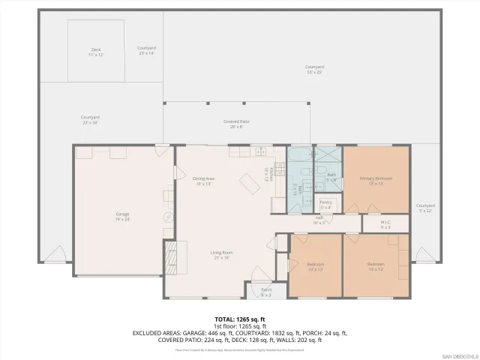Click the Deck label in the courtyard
pyautogui.click(x=96, y=52)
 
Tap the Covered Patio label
pyautogui.click(x=237, y=124)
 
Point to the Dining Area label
pyautogui.click(x=203, y=180)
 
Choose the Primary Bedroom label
pyautogui.click(x=376, y=180)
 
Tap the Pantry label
pyautogui.click(x=326, y=204)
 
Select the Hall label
pyautogui.click(x=319, y=220)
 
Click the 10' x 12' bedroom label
pyautogui.click(x=315, y=266)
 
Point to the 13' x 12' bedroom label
pyautogui.click(x=376, y=266)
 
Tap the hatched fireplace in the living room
pyautogui.click(x=170, y=257)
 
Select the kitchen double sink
pyautogui.click(x=262, y=152)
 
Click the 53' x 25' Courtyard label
pyautogui.click(x=314, y=69)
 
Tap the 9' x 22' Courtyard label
pyautogui.click(x=426, y=207)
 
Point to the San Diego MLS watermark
pyautogui.click(x=458, y=355)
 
